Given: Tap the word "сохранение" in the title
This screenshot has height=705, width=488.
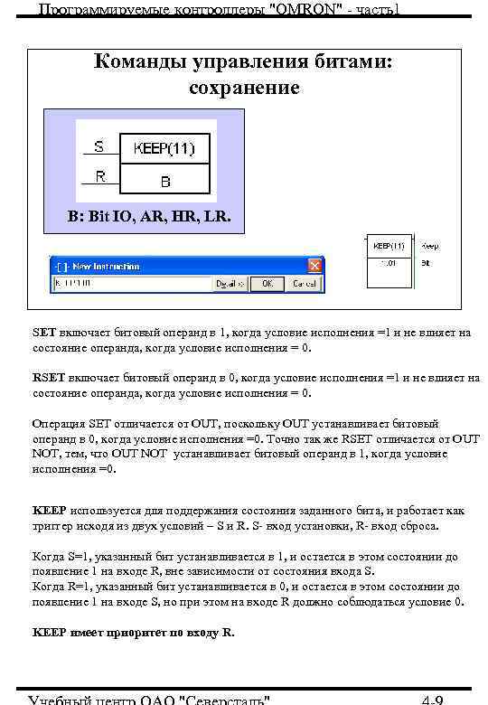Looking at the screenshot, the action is pyautogui.click(x=244, y=88).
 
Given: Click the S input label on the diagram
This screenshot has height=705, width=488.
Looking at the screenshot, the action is pyautogui.click(x=99, y=146).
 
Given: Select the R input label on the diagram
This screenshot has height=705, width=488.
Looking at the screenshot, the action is pyautogui.click(x=100, y=177).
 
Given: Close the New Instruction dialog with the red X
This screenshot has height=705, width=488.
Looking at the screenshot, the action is pyautogui.click(x=315, y=266).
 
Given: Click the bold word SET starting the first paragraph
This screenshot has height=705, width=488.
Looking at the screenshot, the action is pyautogui.click(x=45, y=333).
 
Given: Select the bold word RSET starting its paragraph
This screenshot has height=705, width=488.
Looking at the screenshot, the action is pyautogui.click(x=49, y=378).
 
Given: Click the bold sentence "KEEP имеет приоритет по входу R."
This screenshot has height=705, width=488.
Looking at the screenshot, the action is pyautogui.click(x=133, y=633).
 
